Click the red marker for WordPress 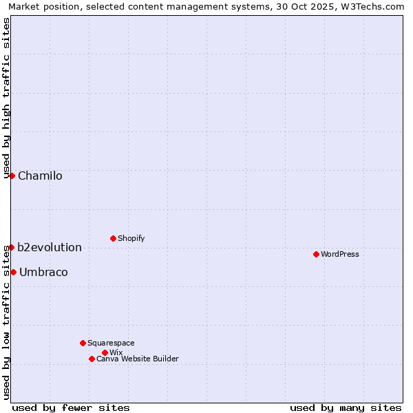tap(316, 254)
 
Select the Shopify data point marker tap(113, 238)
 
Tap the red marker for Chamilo tap(12, 176)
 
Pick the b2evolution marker tap(12, 247)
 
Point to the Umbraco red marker tap(13, 272)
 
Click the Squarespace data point tap(83, 343)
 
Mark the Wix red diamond tap(105, 352)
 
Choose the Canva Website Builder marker tap(92, 359)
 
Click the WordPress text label tap(340, 254)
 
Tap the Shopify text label tap(131, 238)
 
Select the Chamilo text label tap(40, 176)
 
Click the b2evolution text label tap(50, 247)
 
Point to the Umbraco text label tap(43, 272)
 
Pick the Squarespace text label tap(111, 343)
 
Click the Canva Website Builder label tap(138, 359)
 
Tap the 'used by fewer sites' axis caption tap(71, 407)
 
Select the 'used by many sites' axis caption tap(346, 407)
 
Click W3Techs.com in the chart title tap(372, 6)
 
